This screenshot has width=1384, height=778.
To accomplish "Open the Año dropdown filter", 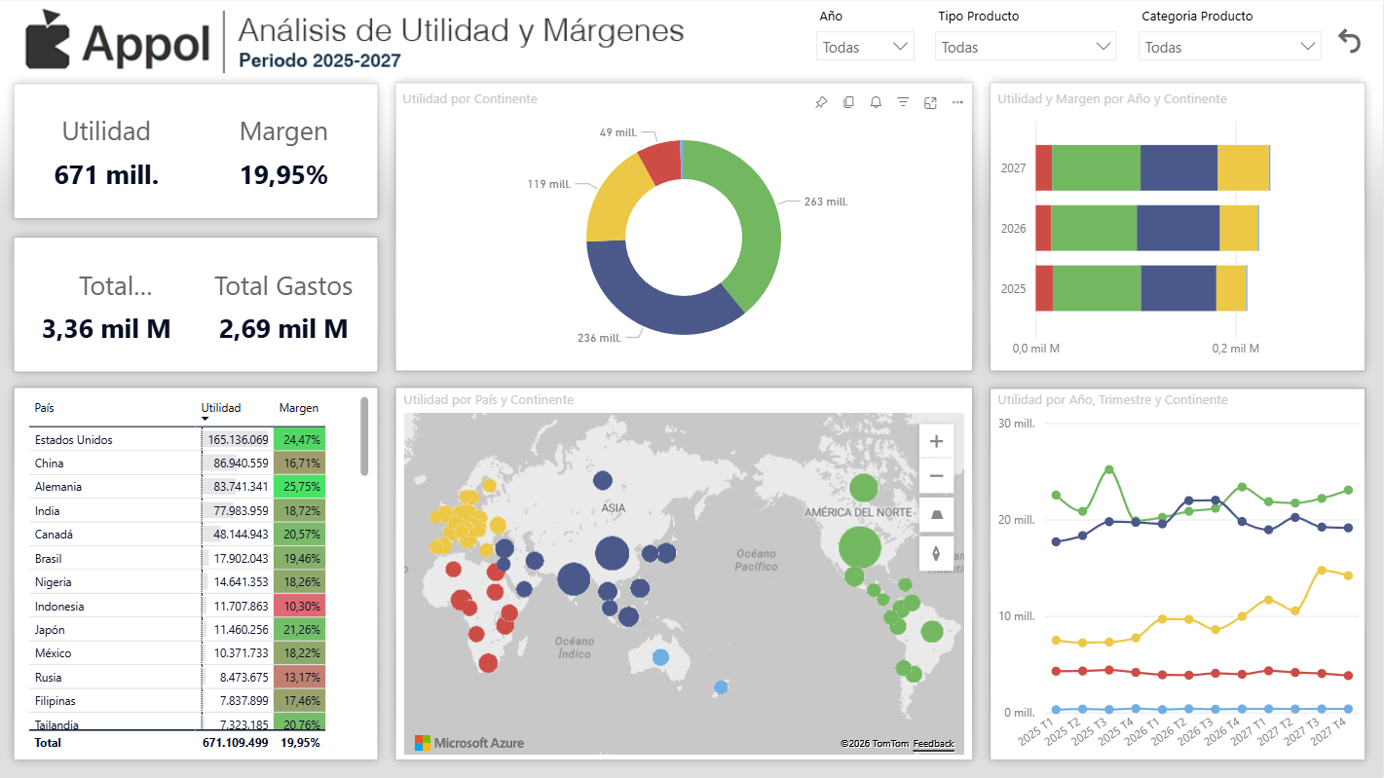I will (x=864, y=47).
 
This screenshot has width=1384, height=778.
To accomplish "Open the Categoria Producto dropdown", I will (x=1229, y=47).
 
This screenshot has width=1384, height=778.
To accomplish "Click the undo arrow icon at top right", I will (x=1349, y=41).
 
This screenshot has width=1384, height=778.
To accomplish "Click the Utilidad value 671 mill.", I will (x=106, y=175).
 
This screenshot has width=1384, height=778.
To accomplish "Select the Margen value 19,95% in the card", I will (x=283, y=175).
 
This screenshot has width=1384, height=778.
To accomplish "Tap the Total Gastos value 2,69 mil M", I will (x=283, y=329).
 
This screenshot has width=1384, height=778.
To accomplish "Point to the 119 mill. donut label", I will (x=549, y=184).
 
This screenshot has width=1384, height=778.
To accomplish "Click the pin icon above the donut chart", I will (x=821, y=102).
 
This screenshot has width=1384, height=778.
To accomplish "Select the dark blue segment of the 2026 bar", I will (x=1178, y=228).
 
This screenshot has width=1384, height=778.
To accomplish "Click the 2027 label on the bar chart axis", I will (x=1014, y=167).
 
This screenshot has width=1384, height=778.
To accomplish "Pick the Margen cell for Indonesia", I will (x=300, y=606).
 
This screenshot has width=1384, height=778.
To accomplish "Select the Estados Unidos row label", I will (x=74, y=440).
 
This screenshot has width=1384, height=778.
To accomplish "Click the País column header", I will (x=45, y=408).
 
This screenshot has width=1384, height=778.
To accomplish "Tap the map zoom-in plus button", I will (x=936, y=441).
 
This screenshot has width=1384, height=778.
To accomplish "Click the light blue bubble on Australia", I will (x=660, y=657).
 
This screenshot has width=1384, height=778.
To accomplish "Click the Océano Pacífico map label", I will (x=756, y=560).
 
